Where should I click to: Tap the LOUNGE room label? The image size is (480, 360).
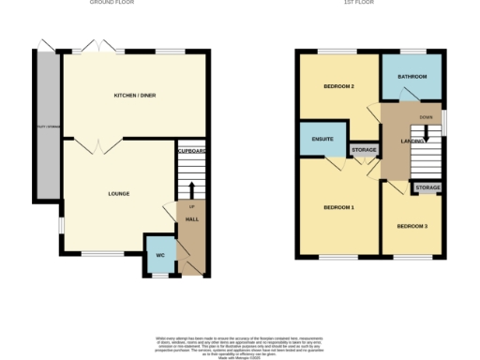pos(118,194)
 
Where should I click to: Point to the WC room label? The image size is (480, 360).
pos(160,255)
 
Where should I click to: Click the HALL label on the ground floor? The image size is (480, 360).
pos(191,219)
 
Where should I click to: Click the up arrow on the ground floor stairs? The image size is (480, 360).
pos(191,187)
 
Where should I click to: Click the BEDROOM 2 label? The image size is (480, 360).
pos(338,86)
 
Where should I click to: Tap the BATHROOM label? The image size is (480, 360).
pos(412,76)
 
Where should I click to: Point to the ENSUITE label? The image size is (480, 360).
pos(322,141)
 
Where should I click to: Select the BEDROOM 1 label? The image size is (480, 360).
pos(338,207)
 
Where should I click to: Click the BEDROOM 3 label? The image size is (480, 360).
pos(412,226)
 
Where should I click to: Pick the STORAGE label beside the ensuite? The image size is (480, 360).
pos(364,150)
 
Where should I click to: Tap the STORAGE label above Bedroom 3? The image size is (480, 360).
pos(428,188)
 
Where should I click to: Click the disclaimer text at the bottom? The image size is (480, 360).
pos(240,343)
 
